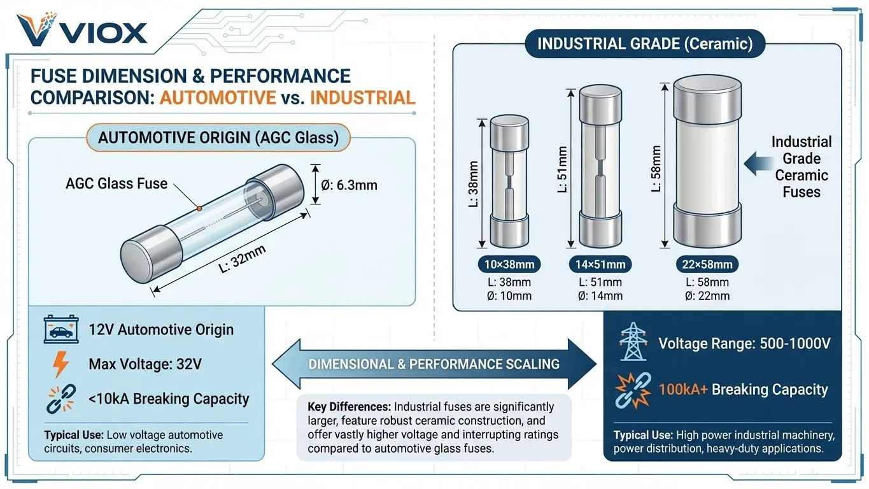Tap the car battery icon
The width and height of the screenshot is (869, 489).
point(60,329)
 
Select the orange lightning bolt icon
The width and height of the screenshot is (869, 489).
point(60,365)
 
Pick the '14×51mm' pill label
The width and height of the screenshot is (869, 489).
point(600,264)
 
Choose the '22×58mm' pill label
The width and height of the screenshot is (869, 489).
point(707,264)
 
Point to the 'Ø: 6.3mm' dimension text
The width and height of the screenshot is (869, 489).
point(350,185)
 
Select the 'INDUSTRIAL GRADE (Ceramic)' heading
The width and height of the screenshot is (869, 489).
point(645,44)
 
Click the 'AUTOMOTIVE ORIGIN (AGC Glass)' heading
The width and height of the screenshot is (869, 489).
point(218,138)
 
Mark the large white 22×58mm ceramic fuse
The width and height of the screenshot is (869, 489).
point(707,164)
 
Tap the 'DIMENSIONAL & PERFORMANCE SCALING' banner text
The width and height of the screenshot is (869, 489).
point(434,364)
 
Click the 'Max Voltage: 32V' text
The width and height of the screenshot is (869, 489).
point(145,365)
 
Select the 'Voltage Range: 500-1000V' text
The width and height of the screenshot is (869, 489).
point(744,344)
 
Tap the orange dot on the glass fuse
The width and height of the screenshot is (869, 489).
point(199,208)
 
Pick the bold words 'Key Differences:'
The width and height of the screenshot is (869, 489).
point(349,407)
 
